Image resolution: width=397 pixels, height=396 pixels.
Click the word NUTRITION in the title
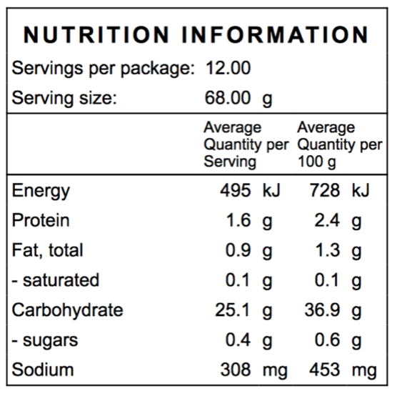pos(96,34)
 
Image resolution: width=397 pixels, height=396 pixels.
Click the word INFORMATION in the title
pos(275,34)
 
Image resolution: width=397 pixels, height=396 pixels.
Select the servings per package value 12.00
pos(228,68)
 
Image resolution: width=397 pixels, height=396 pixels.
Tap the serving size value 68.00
pos(228,98)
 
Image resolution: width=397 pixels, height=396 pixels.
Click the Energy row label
pos(41,192)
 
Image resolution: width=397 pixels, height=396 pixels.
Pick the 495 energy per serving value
pos(235,190)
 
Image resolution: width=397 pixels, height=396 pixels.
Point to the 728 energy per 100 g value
pos(325,190)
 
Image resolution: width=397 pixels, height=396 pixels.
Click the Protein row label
pos(41,220)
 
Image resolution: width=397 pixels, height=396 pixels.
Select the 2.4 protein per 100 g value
pos(327,220)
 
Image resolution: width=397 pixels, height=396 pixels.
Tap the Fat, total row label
pos(47,250)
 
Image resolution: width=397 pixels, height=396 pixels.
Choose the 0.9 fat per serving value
pos(238,250)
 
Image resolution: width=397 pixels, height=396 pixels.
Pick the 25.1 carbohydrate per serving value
pos(233,310)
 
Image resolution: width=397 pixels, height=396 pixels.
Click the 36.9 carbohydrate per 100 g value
pos(322,310)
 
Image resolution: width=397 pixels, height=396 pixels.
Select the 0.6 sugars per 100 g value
pos(327,340)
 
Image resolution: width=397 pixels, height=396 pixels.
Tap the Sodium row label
pos(43,370)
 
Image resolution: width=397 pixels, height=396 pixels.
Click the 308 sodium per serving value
pos(236,370)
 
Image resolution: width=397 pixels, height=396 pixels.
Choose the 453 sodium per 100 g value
pos(324,370)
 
